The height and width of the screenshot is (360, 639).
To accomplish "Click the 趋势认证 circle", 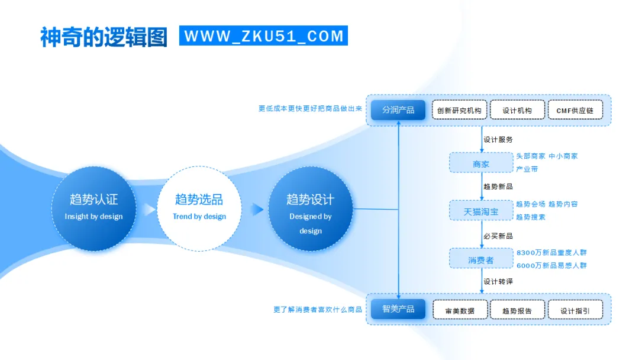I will [93, 208].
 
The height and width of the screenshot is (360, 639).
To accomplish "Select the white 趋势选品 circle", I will [199, 208].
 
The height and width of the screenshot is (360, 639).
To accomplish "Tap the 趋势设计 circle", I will [310, 208].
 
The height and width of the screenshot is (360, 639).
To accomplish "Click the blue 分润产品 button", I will [398, 110].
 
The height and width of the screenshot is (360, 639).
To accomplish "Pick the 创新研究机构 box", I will [459, 110].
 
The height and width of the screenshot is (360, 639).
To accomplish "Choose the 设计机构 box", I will [517, 110].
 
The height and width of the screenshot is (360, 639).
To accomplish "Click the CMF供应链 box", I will [575, 110].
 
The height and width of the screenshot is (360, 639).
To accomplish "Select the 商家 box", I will [481, 163].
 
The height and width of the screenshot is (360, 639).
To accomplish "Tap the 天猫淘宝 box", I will [481, 211].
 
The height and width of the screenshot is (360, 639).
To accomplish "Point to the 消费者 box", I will [481, 259].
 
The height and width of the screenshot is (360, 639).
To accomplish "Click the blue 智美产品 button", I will [398, 309].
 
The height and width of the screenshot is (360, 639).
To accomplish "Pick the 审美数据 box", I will [460, 310].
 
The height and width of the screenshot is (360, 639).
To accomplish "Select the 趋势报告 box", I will [517, 310].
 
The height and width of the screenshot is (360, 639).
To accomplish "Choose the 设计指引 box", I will [575, 310].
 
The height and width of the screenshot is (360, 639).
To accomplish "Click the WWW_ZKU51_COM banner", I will [263, 36].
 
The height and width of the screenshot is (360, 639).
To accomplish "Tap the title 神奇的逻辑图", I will [104, 37].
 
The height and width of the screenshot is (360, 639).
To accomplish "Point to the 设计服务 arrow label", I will [498, 140].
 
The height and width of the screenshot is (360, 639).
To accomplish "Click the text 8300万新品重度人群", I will [551, 252].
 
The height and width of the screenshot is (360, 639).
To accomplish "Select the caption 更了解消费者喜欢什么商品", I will [318, 309].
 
